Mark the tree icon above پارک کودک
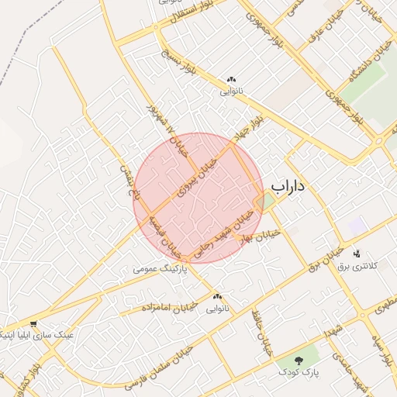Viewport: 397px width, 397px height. [300, 361]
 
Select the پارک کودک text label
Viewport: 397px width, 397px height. [302, 373]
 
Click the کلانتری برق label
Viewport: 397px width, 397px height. [357, 266]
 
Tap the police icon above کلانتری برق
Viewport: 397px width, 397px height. [357, 254]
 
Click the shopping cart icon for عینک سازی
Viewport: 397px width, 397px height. [33, 324]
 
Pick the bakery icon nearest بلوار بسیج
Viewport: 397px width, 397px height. [230, 79]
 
